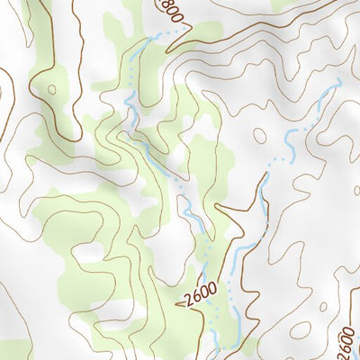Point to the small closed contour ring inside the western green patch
(51, 89)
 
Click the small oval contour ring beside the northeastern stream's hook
(260, 137)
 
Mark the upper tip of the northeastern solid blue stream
(338, 83)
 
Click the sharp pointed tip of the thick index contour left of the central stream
(245, 204)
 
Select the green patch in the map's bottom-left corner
(13, 349)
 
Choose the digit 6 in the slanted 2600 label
(193, 298)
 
